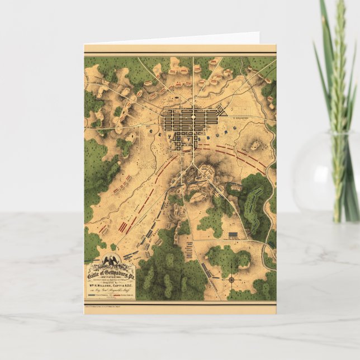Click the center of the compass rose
click(x=231, y=278)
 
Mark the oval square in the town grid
click(x=193, y=118)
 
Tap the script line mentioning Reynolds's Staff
click(x=109, y=288)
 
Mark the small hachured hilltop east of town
click(x=255, y=145)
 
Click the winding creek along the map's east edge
click(x=271, y=184)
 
